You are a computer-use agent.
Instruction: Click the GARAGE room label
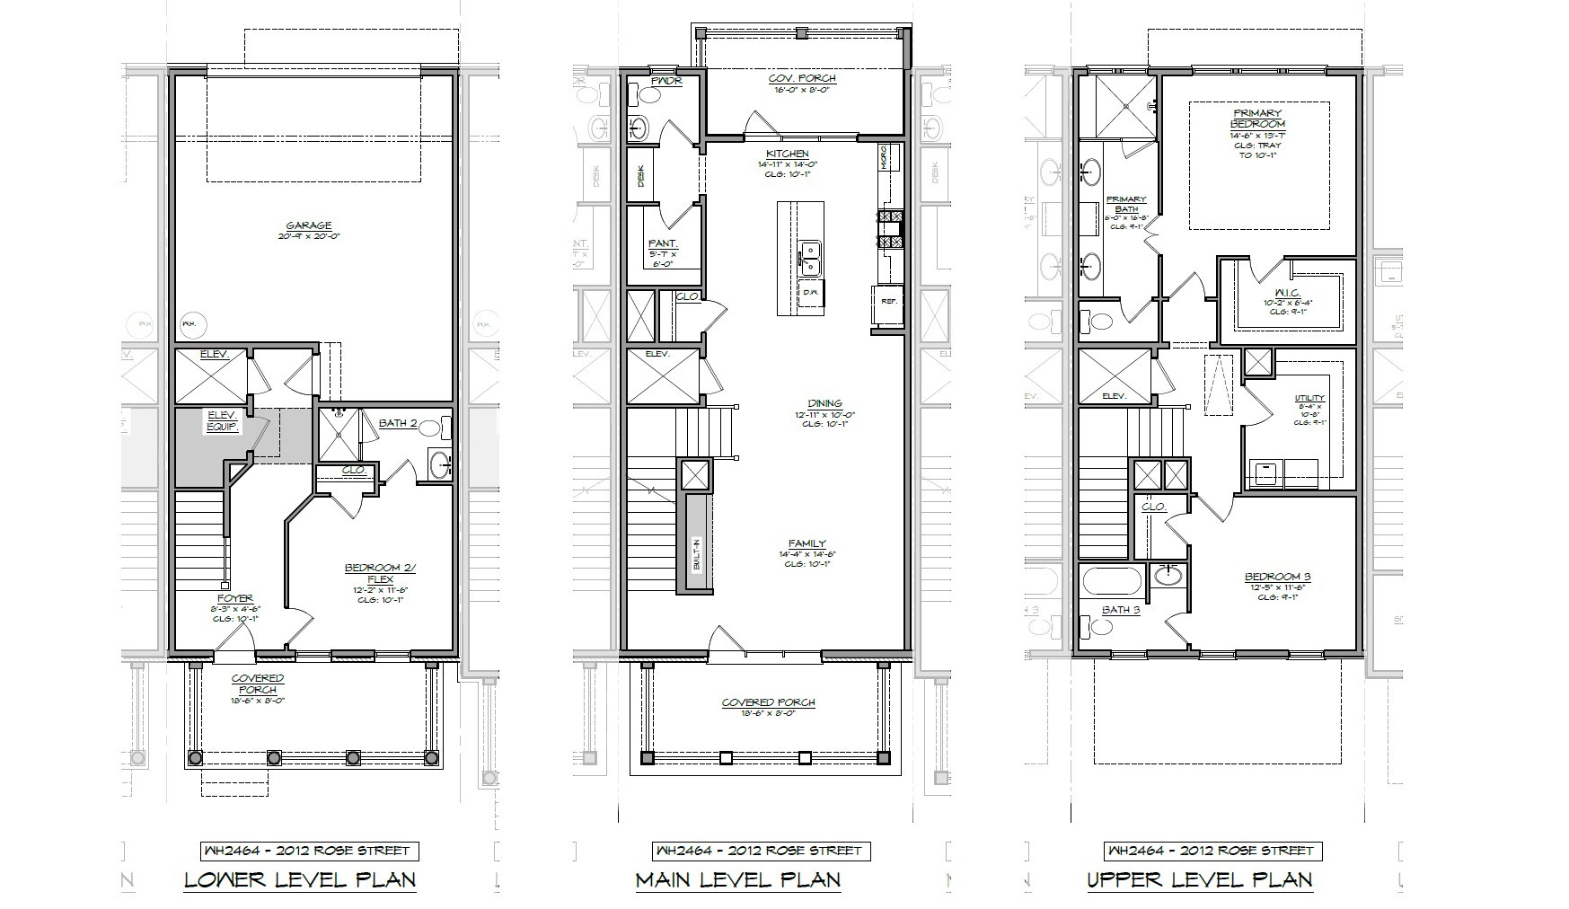click(x=309, y=225)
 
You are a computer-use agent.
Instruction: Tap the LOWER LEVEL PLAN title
click(x=300, y=879)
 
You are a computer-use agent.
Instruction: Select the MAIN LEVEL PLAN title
click(x=738, y=879)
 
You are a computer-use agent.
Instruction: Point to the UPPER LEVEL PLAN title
click(x=1199, y=879)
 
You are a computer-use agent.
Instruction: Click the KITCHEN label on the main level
click(x=787, y=154)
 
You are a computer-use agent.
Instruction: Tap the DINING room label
click(x=824, y=403)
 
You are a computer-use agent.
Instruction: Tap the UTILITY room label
click(x=1309, y=398)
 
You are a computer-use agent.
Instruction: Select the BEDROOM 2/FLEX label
click(x=380, y=572)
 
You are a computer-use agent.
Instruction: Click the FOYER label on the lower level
click(x=234, y=597)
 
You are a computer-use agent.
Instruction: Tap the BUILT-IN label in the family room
click(x=697, y=556)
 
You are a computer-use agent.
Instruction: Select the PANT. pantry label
click(x=663, y=244)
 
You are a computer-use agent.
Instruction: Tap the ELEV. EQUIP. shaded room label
click(x=222, y=420)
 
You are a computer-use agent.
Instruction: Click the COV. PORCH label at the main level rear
click(x=802, y=79)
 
